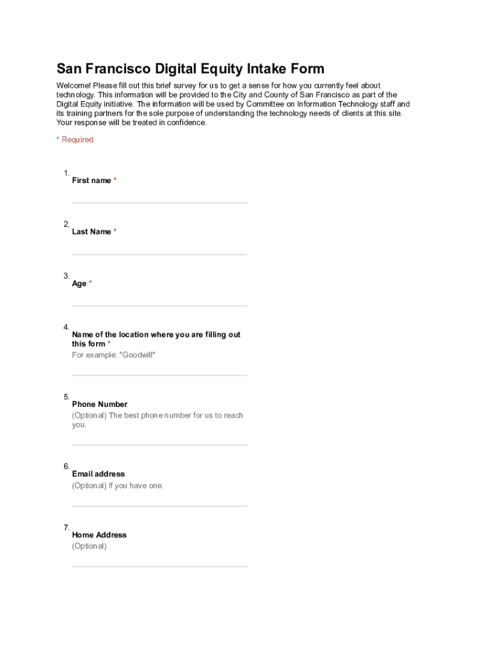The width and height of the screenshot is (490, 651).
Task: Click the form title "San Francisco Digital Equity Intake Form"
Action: click(190, 69)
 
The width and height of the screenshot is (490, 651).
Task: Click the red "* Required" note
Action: click(75, 140)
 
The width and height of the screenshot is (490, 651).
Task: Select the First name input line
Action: click(159, 202)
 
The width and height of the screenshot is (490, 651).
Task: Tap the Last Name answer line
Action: click(159, 254)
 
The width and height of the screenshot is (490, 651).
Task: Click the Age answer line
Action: click(159, 305)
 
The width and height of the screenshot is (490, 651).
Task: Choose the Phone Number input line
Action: click(159, 444)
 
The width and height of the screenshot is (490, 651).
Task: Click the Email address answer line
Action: click(159, 505)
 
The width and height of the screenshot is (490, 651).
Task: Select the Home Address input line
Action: click(159, 566)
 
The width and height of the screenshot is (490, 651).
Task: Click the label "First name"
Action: click(92, 181)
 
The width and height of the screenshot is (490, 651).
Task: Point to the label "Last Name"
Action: click(92, 232)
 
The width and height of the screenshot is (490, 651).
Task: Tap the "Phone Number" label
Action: click(99, 404)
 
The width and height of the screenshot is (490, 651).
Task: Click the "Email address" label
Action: click(98, 474)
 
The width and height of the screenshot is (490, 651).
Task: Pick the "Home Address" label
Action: click(99, 535)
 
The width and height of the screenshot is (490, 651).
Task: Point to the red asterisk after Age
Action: click(90, 284)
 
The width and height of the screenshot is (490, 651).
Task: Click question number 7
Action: click(66, 528)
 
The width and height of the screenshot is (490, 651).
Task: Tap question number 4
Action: click(66, 327)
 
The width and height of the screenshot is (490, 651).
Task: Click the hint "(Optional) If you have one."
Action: click(118, 486)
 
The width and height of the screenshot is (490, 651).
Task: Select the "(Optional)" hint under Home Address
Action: click(89, 546)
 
